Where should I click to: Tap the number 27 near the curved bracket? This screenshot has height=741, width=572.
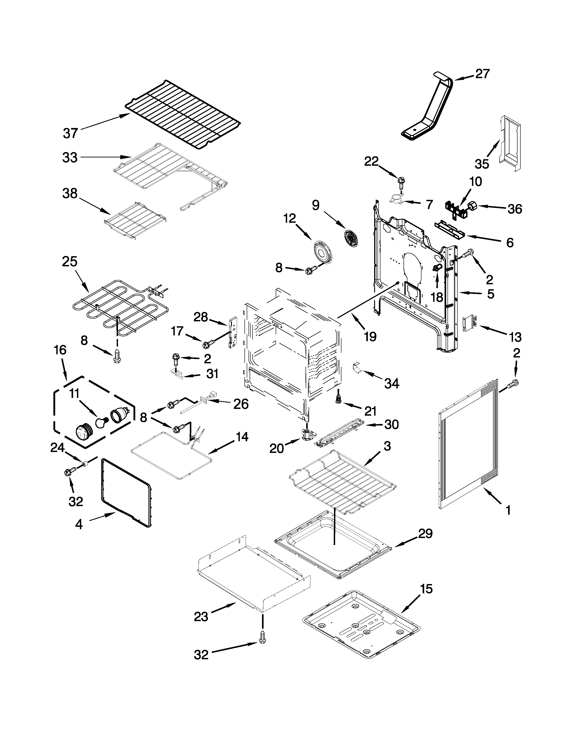coord(482,74)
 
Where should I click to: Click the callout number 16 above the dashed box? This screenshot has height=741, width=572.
coord(60,350)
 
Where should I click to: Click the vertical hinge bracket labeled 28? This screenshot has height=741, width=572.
coord(233,333)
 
